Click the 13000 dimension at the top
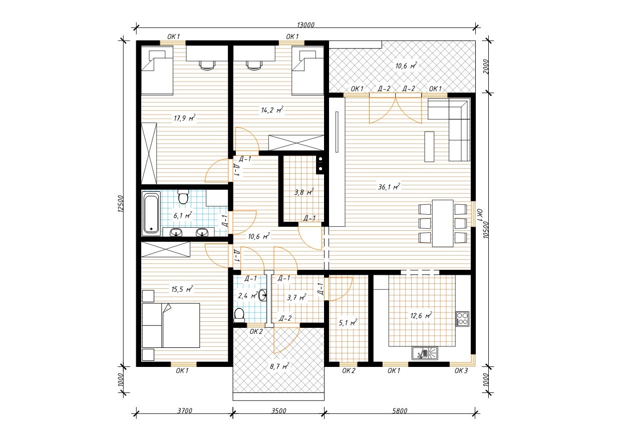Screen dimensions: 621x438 tap(305, 25)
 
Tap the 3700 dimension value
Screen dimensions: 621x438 tap(185, 410)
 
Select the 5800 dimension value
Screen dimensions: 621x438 tap(400, 410)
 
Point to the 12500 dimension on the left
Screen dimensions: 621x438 tap(120, 204)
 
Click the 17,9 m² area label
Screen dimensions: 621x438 tap(185, 118)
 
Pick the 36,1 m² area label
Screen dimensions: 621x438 tap(389, 187)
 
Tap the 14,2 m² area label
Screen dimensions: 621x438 tap(272, 110)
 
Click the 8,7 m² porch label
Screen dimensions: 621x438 tap(279, 366)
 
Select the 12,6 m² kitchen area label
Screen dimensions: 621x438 tap(421, 315)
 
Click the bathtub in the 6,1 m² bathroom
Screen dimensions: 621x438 tap(151, 212)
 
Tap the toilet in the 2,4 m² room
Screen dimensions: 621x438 tap(239, 315)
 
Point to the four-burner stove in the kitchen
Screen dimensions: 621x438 tap(462, 318)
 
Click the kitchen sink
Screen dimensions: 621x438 tap(425, 353)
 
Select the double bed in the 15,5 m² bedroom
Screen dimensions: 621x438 tap(171, 325)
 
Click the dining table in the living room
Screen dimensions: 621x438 tap(443, 223)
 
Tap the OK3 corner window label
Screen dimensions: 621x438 tap(461, 370)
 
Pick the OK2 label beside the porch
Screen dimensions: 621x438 tap(256, 331)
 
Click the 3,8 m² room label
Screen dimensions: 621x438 tap(304, 192)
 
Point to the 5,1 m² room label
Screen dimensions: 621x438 tap(348, 322)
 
